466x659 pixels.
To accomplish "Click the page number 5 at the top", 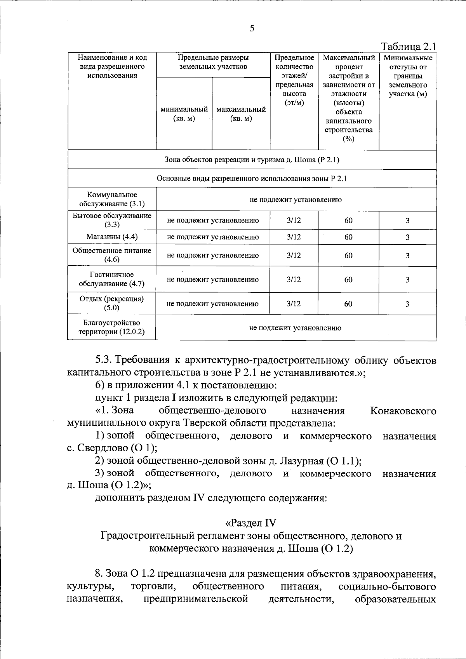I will (x=252, y=28).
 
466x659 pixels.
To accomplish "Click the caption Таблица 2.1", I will (x=409, y=47).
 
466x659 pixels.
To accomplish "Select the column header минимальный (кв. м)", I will (x=184, y=114).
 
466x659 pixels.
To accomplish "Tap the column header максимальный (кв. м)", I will (x=241, y=114).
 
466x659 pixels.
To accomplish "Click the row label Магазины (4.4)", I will (x=112, y=236).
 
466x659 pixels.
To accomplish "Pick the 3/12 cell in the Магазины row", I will (x=294, y=237).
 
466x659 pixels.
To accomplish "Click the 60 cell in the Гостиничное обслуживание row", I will (x=348, y=280).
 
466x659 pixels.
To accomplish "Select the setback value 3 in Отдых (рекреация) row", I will (x=407, y=304).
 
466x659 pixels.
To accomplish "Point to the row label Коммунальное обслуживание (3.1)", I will (x=112, y=199).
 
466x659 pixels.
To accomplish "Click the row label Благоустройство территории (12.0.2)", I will (x=111, y=327).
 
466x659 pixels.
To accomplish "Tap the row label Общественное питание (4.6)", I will (x=112, y=255).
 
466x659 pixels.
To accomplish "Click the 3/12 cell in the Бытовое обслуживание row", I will (x=294, y=220).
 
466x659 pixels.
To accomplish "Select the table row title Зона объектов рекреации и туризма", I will (x=252, y=160).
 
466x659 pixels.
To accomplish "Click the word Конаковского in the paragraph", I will (x=403, y=411).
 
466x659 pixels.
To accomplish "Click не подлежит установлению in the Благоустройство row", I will (x=295, y=328).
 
